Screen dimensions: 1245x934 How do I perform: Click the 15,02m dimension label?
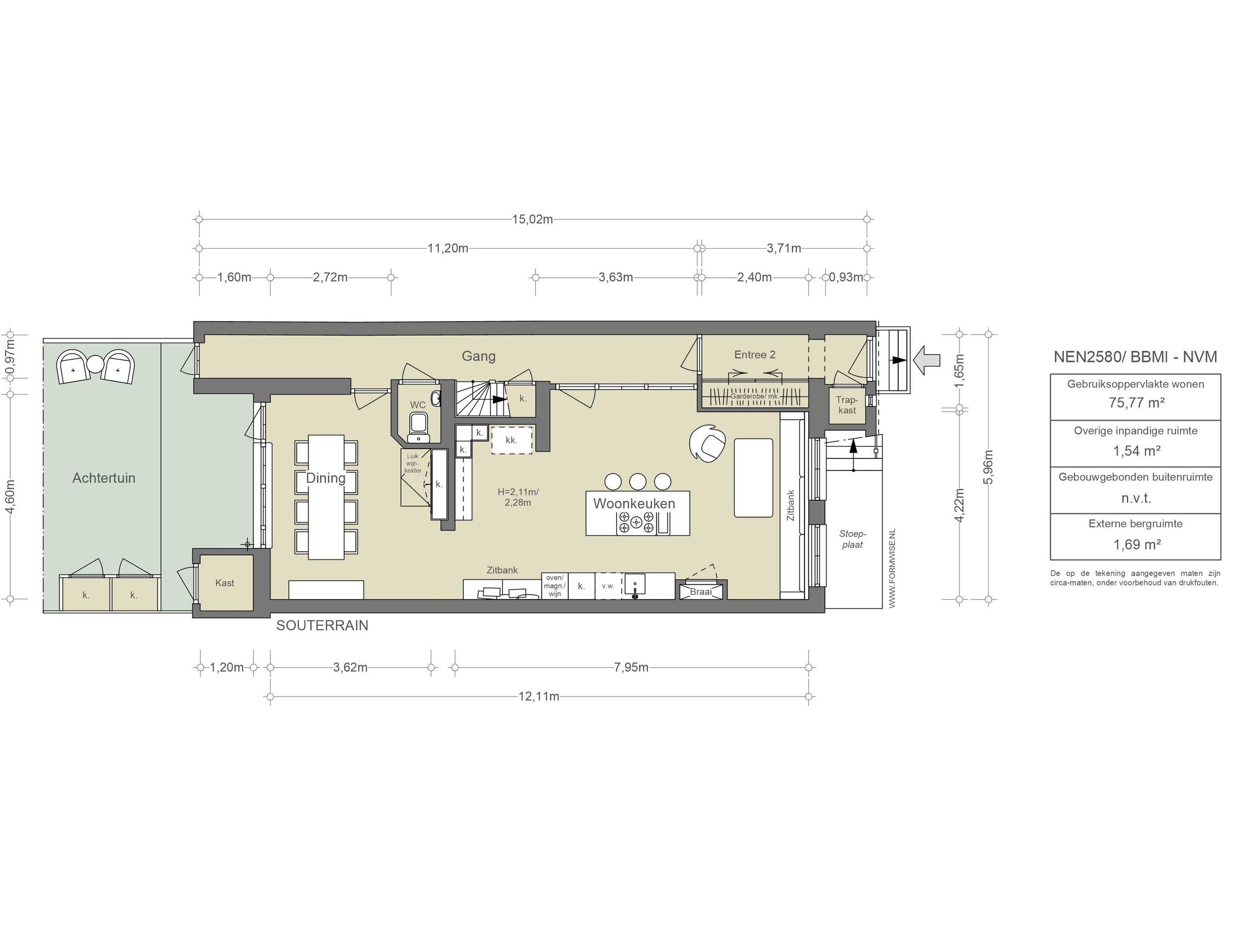pyautogui.click(x=532, y=219)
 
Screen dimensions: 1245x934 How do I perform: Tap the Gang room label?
pyautogui.click(x=479, y=356)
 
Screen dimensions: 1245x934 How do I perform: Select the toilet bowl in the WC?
pyautogui.click(x=418, y=423)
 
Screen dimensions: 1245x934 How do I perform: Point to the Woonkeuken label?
pyautogui.click(x=634, y=503)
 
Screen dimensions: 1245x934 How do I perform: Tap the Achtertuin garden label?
pyautogui.click(x=104, y=478)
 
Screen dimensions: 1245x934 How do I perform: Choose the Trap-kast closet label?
pyautogui.click(x=847, y=405)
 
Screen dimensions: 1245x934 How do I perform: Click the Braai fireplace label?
pyautogui.click(x=701, y=592)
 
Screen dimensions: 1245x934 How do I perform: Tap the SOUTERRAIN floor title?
pyautogui.click(x=322, y=626)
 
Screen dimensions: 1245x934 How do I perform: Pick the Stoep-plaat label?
pyautogui.click(x=853, y=539)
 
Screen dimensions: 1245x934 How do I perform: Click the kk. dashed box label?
pyautogui.click(x=511, y=440)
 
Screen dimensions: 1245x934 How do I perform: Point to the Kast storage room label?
pyautogui.click(x=225, y=583)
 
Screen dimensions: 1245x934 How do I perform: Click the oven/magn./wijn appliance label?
pyautogui.click(x=554, y=586)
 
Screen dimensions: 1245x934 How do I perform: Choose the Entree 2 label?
pyautogui.click(x=755, y=355)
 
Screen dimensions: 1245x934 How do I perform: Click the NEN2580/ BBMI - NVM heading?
pyautogui.click(x=1135, y=357)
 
